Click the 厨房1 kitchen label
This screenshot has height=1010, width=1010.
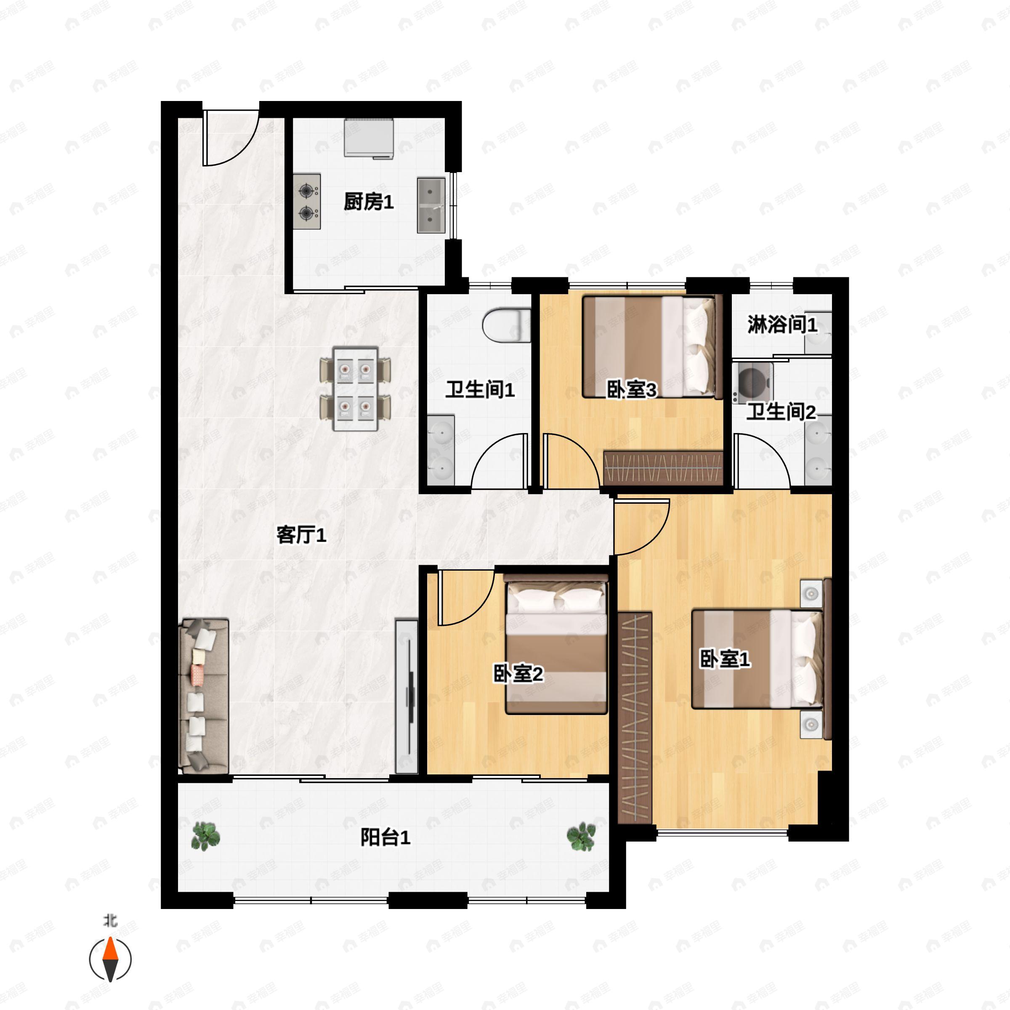pyautogui.click(x=369, y=202)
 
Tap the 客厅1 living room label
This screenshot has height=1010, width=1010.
pyautogui.click(x=302, y=535)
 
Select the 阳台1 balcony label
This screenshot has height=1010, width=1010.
pyautogui.click(x=385, y=837)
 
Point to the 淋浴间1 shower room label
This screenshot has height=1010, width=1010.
pyautogui.click(x=781, y=324)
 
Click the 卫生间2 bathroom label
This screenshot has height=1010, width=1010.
pyautogui.click(x=781, y=412)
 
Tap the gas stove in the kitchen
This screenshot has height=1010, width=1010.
pyautogui.click(x=307, y=201)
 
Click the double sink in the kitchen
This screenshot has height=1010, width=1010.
pyautogui.click(x=431, y=205)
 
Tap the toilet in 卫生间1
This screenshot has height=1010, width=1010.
pyautogui.click(x=506, y=326)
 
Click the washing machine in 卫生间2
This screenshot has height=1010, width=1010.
pyautogui.click(x=753, y=382)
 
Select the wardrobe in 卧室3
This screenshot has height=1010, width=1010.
pyautogui.click(x=663, y=468)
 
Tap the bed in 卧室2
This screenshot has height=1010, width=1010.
pyautogui.click(x=555, y=644)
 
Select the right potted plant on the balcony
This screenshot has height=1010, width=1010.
pyautogui.click(x=581, y=836)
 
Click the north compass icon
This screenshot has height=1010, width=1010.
pyautogui.click(x=110, y=959)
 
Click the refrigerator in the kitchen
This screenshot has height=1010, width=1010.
pyautogui.click(x=369, y=138)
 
